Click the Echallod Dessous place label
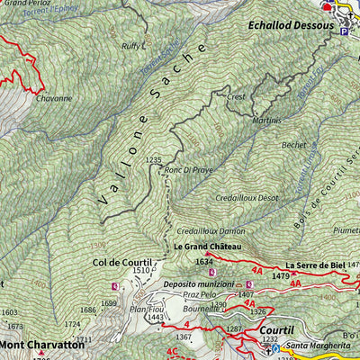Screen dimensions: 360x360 289,26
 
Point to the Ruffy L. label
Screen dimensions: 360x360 133,44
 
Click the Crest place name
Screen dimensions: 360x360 237,96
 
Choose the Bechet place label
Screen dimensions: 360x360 293,144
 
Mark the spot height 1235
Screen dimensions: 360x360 153,159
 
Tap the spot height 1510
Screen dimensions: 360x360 141,270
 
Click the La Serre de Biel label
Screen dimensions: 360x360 316,265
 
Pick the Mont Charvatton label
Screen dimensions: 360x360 42,344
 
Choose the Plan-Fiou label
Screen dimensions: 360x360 145,308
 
